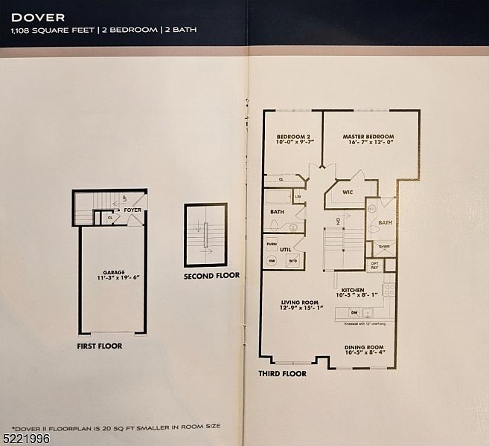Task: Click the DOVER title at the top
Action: tap(38, 16)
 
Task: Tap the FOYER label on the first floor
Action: tap(132, 210)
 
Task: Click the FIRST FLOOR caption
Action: tap(100, 346)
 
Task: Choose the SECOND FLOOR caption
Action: tap(211, 275)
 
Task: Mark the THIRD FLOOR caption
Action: tap(282, 373)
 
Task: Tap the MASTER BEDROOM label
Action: tap(368, 137)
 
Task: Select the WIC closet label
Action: tap(347, 192)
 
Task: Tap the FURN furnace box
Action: tap(271, 243)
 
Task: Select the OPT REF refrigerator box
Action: tap(375, 265)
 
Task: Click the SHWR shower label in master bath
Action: tap(384, 247)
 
